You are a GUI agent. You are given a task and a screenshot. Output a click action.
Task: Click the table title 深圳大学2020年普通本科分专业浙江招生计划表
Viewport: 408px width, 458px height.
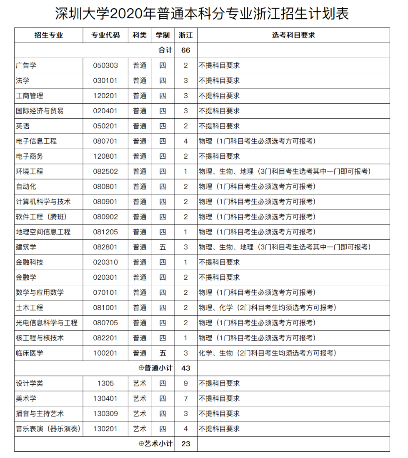click(x=202, y=14)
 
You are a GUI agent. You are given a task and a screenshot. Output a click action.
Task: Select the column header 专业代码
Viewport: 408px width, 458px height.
click(x=105, y=35)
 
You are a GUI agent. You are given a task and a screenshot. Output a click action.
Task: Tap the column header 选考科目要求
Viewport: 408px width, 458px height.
click(x=293, y=35)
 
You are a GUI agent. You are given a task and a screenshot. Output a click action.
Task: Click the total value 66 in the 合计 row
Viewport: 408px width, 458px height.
click(x=186, y=50)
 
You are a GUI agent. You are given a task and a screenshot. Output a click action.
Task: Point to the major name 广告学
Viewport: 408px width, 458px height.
click(x=26, y=65)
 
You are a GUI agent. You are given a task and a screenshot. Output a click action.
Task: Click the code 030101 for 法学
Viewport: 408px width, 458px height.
click(x=105, y=81)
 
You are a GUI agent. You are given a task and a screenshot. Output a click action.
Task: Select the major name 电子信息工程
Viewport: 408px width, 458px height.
click(x=36, y=141)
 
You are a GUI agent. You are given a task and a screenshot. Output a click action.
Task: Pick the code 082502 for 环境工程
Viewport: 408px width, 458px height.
click(x=105, y=172)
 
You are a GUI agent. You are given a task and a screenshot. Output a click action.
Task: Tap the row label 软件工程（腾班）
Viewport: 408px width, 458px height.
click(x=41, y=217)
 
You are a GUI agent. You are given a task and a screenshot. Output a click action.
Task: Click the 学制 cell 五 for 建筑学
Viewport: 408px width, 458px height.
click(x=163, y=247)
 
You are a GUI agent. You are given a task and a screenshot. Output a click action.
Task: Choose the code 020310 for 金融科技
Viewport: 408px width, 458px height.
click(x=105, y=262)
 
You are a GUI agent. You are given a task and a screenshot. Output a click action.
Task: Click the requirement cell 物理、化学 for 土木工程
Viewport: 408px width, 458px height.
click(x=267, y=308)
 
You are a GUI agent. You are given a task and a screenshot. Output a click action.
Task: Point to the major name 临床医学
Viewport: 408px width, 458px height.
click(x=30, y=353)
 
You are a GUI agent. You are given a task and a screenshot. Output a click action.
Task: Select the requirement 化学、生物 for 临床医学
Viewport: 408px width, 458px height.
click(x=267, y=353)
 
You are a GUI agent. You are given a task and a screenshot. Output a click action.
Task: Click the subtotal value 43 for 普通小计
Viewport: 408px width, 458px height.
click(x=186, y=368)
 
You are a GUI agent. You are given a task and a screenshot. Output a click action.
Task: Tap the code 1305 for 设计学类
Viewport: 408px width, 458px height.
click(x=105, y=383)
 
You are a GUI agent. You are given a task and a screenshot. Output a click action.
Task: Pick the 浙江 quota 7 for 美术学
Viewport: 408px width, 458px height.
click(x=186, y=398)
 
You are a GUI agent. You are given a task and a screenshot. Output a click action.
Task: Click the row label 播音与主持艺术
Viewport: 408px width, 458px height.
click(x=40, y=414)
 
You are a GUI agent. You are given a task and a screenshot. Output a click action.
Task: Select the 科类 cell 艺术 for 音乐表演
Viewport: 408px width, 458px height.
click(x=140, y=429)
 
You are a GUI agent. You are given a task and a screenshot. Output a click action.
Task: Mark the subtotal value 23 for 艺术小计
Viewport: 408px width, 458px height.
click(x=186, y=444)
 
